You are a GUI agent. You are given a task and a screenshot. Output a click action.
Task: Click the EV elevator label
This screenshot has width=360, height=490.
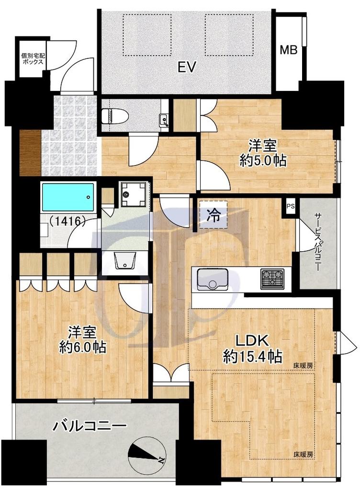(187, 67)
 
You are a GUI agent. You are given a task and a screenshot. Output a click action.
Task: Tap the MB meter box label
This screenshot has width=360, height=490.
(288, 50)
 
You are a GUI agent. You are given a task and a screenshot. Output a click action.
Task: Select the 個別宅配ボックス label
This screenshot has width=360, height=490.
(33, 59)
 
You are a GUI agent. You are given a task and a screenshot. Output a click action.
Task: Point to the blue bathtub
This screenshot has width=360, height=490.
(68, 197)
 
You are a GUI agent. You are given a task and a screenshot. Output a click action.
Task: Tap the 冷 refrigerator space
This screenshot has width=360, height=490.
(214, 214)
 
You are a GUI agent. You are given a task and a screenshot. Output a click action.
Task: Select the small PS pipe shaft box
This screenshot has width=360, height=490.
(291, 206)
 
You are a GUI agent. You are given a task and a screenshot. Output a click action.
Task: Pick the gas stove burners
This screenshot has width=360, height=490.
(272, 278)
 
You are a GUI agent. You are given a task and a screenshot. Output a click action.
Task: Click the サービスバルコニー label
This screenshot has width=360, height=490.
(317, 242)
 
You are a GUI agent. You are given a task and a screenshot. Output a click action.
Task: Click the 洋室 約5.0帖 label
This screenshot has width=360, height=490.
(262, 153)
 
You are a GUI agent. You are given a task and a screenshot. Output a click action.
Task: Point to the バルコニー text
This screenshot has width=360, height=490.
(90, 425)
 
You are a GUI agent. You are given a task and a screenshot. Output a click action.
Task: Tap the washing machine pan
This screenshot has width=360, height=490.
(134, 194)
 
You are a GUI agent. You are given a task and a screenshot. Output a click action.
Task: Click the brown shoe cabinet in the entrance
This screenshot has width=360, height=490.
(30, 152)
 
